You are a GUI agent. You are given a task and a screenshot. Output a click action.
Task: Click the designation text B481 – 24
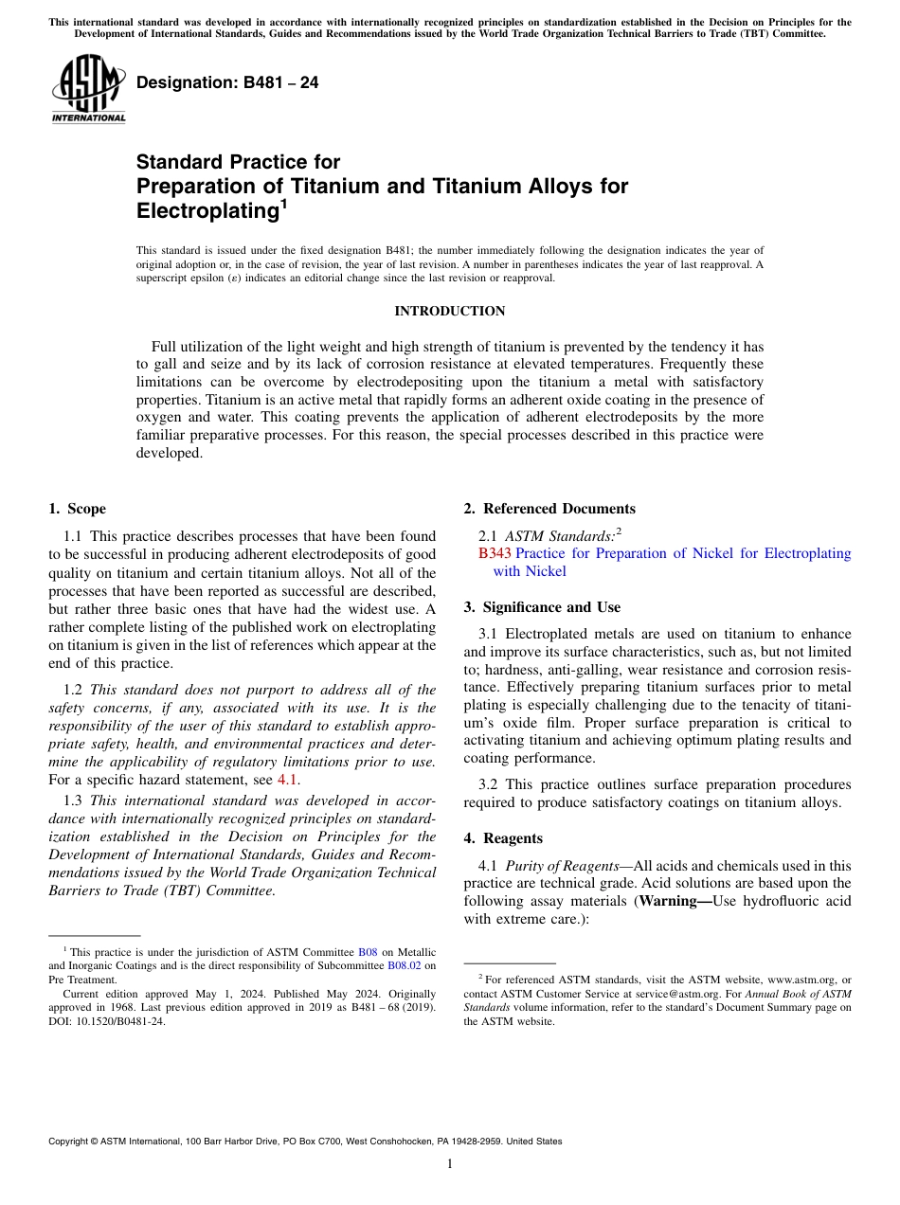coord(227,83)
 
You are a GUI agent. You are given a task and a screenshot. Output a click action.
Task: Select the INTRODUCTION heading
coord(449,312)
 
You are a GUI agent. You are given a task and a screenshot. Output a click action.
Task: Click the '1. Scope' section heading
coord(77,509)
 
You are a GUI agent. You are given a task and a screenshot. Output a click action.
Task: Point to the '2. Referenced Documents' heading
coord(549,509)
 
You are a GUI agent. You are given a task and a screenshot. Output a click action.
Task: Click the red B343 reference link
coord(495,553)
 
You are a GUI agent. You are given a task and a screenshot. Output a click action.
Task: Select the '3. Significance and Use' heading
coord(542,606)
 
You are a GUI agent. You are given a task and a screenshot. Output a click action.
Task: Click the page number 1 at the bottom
coord(450,1164)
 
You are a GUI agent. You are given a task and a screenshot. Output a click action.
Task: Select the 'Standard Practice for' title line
coord(238,162)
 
